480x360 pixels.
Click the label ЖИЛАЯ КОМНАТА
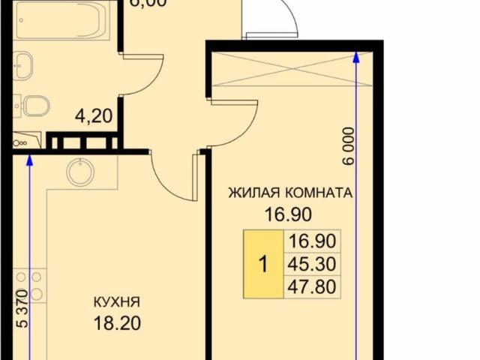(x=289, y=193)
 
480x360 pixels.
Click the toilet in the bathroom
(x=33, y=106)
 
